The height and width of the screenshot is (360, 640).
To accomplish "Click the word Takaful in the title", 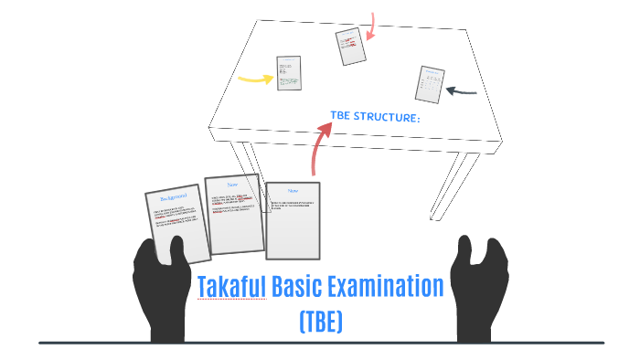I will (231, 287).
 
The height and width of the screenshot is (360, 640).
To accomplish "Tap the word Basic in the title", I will (304, 287).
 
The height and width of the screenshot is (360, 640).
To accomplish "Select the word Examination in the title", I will (393, 287).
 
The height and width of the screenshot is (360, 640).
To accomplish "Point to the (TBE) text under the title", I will (320, 322).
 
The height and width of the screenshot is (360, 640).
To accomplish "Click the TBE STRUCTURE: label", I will (375, 117).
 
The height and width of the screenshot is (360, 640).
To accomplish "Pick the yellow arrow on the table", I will (255, 78).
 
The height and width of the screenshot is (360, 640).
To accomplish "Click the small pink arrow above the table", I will (372, 26).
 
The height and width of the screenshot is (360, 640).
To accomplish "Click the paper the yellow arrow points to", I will (289, 73).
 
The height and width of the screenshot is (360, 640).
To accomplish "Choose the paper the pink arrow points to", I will (350, 47).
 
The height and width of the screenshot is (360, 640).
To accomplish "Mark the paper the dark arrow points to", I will (431, 84).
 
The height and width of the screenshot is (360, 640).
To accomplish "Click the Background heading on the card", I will (174, 196).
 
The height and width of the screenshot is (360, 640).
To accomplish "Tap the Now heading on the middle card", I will (233, 185).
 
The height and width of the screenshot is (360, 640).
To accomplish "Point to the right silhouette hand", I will (483, 283).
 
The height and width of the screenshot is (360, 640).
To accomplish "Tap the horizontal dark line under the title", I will (320, 343).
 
